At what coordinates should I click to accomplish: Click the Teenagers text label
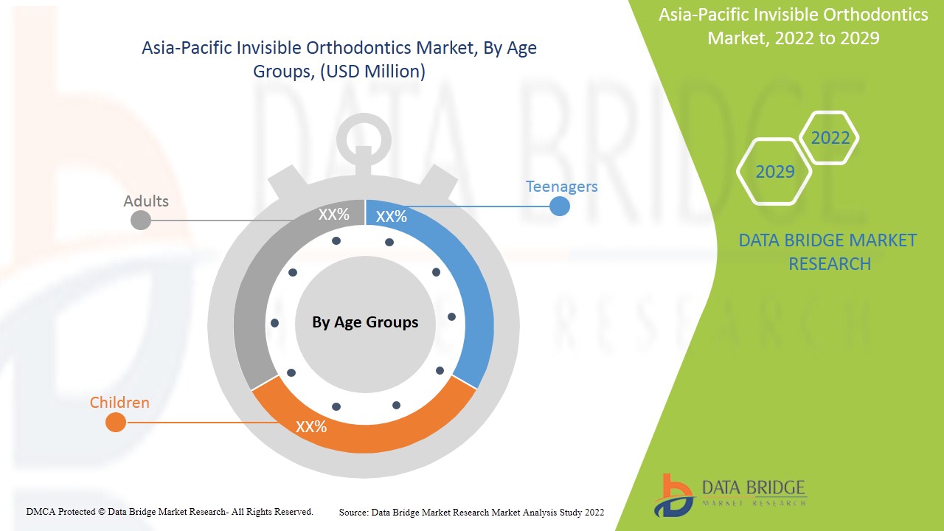click(x=561, y=187)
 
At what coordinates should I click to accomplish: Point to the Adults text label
click(x=146, y=201)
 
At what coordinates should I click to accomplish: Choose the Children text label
click(x=119, y=403)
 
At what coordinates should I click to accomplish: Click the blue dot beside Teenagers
click(x=560, y=206)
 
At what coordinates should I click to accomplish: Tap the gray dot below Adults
click(x=140, y=220)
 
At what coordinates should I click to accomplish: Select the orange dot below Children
click(x=116, y=423)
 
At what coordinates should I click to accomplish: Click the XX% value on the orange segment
click(x=311, y=426)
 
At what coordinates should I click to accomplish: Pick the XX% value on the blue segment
click(x=391, y=217)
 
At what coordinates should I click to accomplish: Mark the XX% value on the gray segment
click(x=334, y=215)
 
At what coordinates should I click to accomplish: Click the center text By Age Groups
click(x=365, y=322)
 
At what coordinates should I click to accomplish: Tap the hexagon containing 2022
click(x=830, y=138)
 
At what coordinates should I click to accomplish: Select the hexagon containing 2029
click(x=774, y=172)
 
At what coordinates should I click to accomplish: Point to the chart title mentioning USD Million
click(x=339, y=60)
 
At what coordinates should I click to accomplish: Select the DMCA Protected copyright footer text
click(x=170, y=511)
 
